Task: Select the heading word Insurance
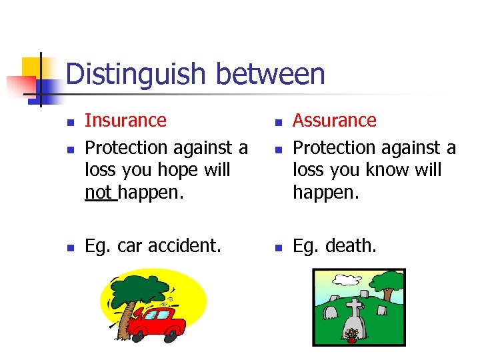(x=126, y=121)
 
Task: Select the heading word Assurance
(x=335, y=121)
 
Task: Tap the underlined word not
(x=98, y=193)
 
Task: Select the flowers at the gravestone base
(x=351, y=333)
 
